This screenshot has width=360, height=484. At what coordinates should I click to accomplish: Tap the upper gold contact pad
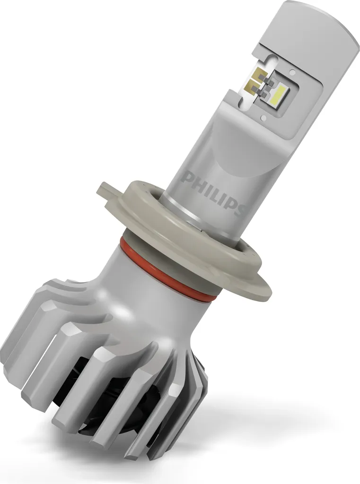pyautogui.click(x=260, y=75)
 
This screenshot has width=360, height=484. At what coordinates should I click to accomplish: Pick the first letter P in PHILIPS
pyautogui.click(x=190, y=179)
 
